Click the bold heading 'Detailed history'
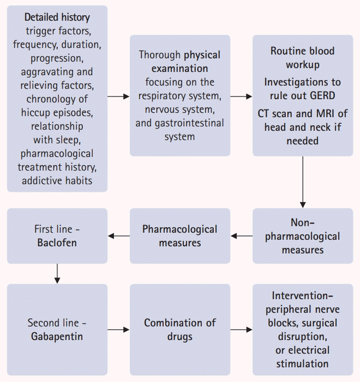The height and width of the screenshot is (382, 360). (x=57, y=17)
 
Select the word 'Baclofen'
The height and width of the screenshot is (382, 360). (x=56, y=242)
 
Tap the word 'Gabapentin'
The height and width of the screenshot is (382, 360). (x=57, y=336)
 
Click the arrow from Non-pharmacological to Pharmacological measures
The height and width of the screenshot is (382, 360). (x=242, y=236)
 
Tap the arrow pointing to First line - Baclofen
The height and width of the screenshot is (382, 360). (x=118, y=236)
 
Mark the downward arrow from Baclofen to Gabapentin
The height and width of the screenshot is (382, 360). (x=57, y=273)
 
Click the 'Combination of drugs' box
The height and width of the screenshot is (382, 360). (x=179, y=329)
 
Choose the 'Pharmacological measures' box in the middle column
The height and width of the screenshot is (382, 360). (x=179, y=236)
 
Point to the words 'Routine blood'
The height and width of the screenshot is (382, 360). (x=302, y=51)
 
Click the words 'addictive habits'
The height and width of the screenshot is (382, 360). (x=57, y=180)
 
